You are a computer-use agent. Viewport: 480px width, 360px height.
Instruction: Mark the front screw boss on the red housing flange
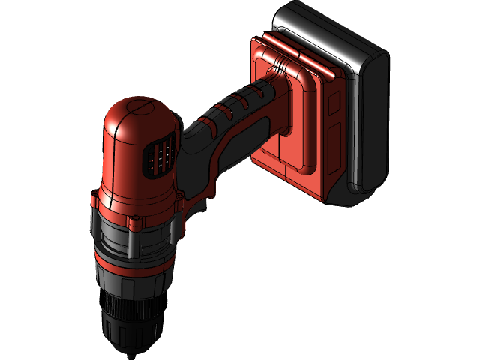(x=136, y=220)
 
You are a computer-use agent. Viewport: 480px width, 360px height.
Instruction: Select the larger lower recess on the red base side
(x=334, y=150)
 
